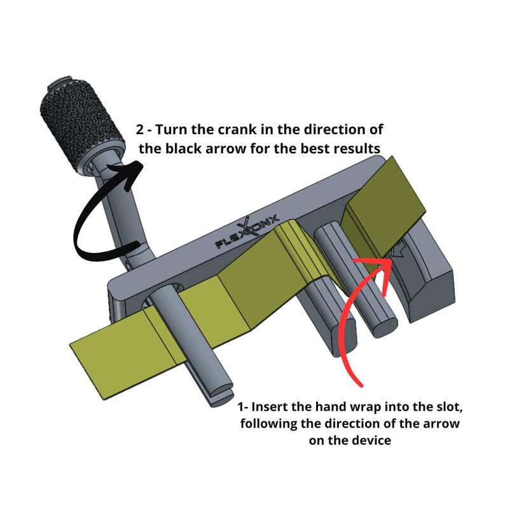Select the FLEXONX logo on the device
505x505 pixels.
tap(247, 232)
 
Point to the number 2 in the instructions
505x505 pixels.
tap(140, 130)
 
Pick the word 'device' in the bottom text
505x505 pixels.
tap(373, 440)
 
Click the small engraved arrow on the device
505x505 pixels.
tap(399, 248)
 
